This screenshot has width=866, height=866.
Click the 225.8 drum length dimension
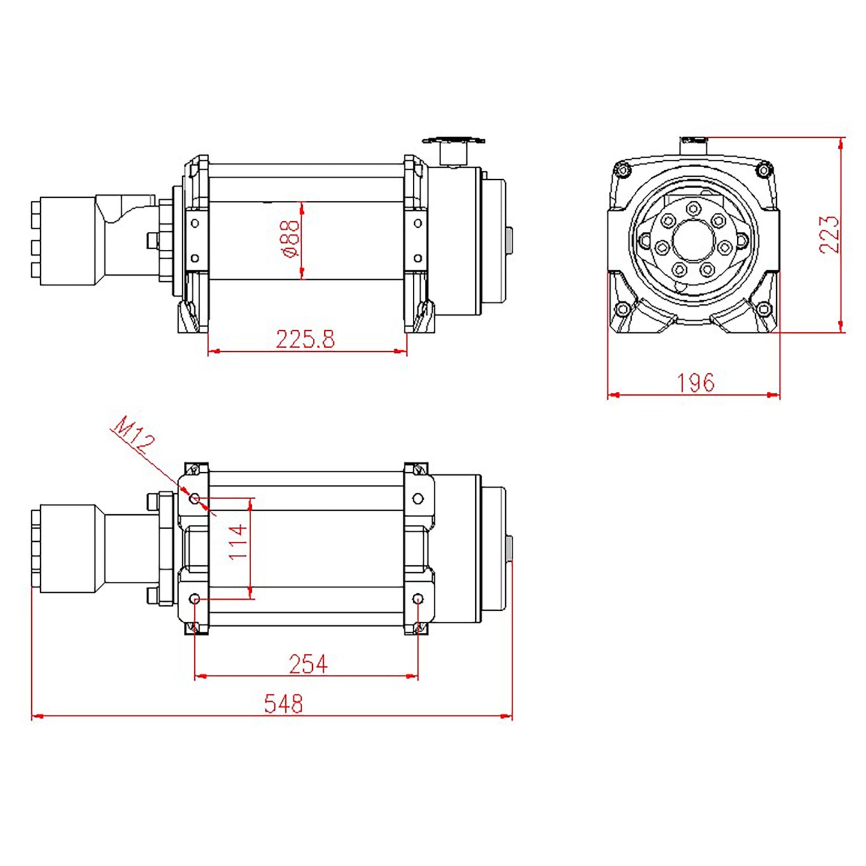coord(305,340)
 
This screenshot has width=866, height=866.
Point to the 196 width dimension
coord(695,382)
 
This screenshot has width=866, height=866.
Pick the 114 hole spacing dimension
coord(238,542)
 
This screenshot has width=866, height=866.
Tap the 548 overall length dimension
coord(283,704)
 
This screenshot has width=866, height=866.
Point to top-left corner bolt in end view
coord(622,170)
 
